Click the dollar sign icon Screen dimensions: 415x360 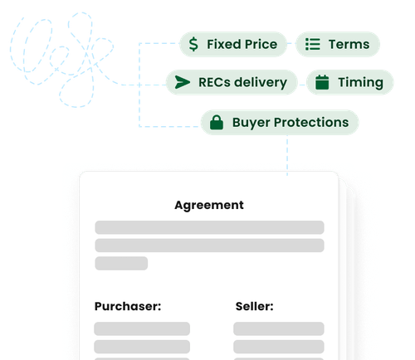point(193,44)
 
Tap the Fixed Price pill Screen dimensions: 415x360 point(233,44)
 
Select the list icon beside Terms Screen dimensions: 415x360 point(313,44)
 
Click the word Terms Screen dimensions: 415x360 point(349,44)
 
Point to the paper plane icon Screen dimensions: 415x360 point(183,82)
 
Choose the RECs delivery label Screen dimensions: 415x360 point(242,82)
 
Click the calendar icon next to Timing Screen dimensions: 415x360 point(322,82)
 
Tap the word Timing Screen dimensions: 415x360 point(360,82)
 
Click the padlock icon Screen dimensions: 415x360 point(217,122)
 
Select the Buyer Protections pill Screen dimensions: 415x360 point(280,123)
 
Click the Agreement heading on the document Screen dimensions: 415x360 point(209,206)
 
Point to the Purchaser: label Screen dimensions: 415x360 point(128,306)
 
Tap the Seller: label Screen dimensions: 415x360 point(255,306)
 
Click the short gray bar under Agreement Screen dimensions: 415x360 point(121,263)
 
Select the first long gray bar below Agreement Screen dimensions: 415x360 point(209,227)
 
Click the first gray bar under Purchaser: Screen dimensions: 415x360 point(142,328)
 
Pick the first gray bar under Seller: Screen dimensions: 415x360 point(279,328)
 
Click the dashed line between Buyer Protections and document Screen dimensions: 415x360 point(287,155)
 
